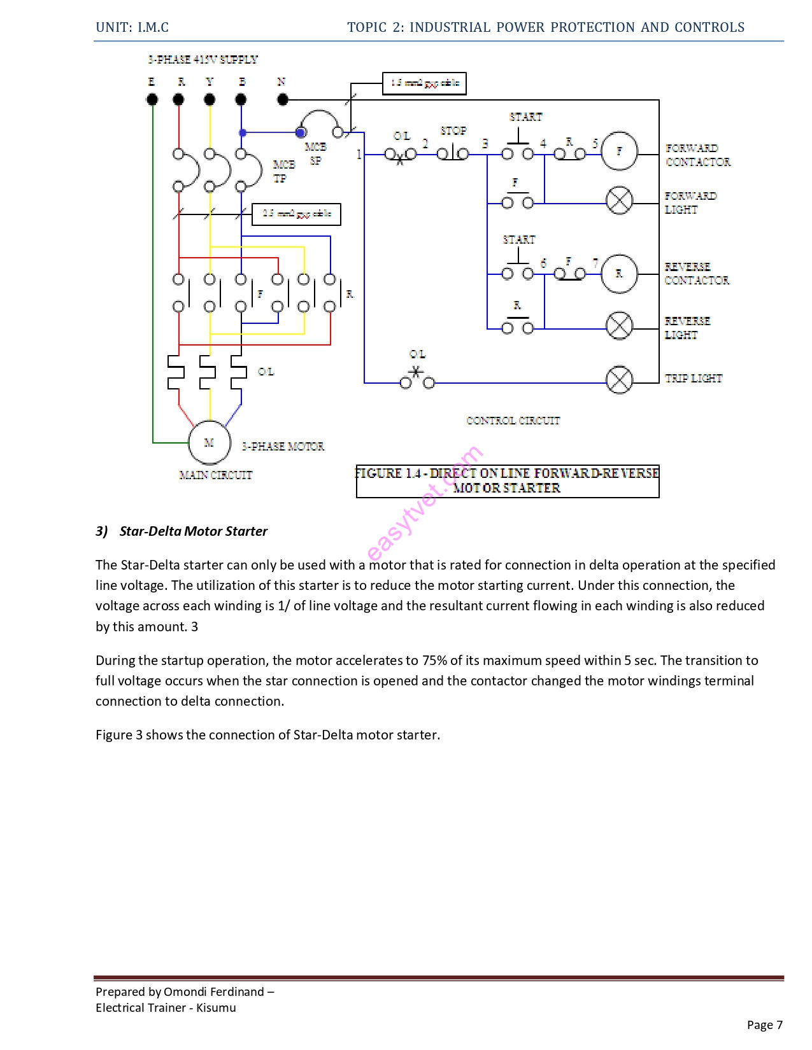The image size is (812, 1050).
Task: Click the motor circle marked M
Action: [209, 442]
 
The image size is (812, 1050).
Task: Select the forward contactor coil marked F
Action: [619, 151]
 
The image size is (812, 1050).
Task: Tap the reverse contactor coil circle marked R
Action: [619, 274]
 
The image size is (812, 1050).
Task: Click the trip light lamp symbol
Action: [619, 380]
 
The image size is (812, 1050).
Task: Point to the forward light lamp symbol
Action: [619, 200]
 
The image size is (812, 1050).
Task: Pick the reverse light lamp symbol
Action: [619, 326]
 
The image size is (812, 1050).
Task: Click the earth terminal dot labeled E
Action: [152, 99]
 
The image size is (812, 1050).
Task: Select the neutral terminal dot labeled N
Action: [283, 99]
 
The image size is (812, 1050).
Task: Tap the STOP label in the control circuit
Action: [453, 130]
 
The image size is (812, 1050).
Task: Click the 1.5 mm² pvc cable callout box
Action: [424, 83]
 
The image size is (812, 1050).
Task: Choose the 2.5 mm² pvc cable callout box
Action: [296, 214]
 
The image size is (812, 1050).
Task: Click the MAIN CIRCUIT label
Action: [215, 475]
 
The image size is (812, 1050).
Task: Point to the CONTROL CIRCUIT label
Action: [513, 421]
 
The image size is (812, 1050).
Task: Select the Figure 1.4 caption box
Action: [507, 481]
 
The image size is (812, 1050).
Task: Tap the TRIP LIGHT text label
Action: [693, 378]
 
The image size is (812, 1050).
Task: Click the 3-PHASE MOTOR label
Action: [283, 446]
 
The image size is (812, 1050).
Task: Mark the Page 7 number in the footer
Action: [764, 1025]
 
